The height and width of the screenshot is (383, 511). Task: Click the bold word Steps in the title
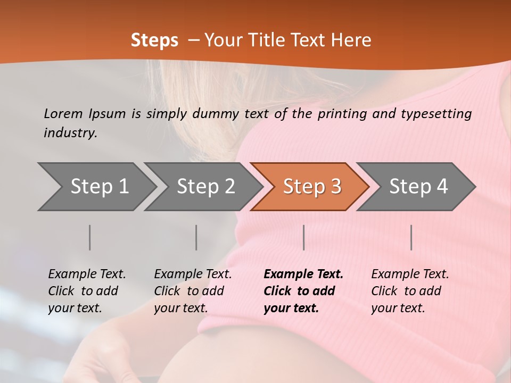154,40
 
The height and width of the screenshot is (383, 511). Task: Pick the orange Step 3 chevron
312,187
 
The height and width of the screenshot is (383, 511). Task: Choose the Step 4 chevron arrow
418,187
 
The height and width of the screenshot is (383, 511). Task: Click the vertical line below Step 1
90,237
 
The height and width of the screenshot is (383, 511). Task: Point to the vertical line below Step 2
196,237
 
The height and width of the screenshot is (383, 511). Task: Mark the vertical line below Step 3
304,237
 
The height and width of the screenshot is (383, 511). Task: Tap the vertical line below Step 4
411,237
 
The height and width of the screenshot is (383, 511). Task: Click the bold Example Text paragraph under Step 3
303,291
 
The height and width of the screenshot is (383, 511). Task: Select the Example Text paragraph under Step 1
86,291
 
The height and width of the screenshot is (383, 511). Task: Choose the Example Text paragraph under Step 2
192,291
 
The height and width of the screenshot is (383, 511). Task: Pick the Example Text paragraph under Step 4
409,291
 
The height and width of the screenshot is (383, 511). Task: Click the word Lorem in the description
63,114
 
